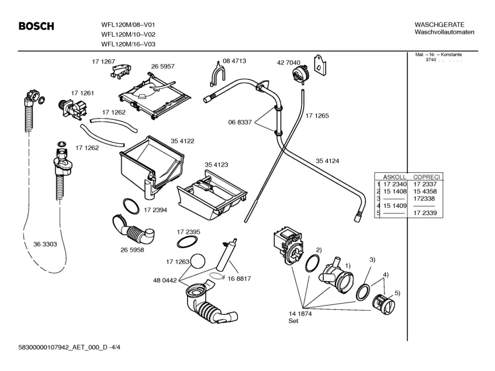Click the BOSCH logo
pyautogui.click(x=36, y=26)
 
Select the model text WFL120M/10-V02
pyautogui.click(x=128, y=34)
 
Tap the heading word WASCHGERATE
pyautogui.click(x=439, y=25)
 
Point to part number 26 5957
pyautogui.click(x=163, y=67)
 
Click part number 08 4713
pyautogui.click(x=234, y=61)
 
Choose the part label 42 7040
pyautogui.click(x=289, y=63)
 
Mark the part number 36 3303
pyautogui.click(x=45, y=244)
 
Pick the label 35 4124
pyautogui.click(x=328, y=161)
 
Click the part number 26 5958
pyautogui.click(x=132, y=249)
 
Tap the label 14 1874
pyautogui.click(x=300, y=314)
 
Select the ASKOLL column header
pyautogui.click(x=394, y=176)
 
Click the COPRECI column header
pyautogui.click(x=427, y=176)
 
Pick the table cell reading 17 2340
pyautogui.click(x=394, y=184)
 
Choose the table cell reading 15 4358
pyautogui.click(x=425, y=192)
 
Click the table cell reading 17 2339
pyautogui.click(x=425, y=214)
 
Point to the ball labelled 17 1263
pyautogui.click(x=200, y=261)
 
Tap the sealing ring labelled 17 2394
pyautogui.click(x=131, y=206)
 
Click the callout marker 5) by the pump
pyautogui.click(x=398, y=293)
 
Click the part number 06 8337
pyautogui.click(x=240, y=122)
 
